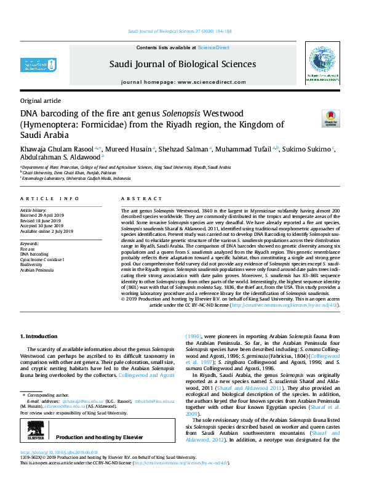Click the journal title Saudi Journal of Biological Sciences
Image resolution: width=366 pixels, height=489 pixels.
coord(183,64)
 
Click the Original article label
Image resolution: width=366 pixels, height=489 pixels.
coord(41,100)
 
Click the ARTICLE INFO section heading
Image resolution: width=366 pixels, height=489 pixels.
coord(50,198)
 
